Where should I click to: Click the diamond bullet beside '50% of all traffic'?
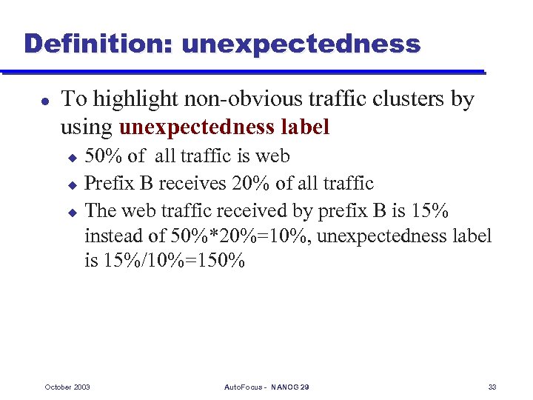tap(73, 158)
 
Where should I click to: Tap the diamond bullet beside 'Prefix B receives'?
tap(73, 184)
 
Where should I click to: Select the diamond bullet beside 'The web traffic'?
tap(73, 211)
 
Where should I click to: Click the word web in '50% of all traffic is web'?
tap(272, 156)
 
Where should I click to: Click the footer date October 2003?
tap(67, 387)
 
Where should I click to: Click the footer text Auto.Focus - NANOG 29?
tap(266, 387)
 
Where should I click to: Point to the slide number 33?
tap(492, 387)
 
